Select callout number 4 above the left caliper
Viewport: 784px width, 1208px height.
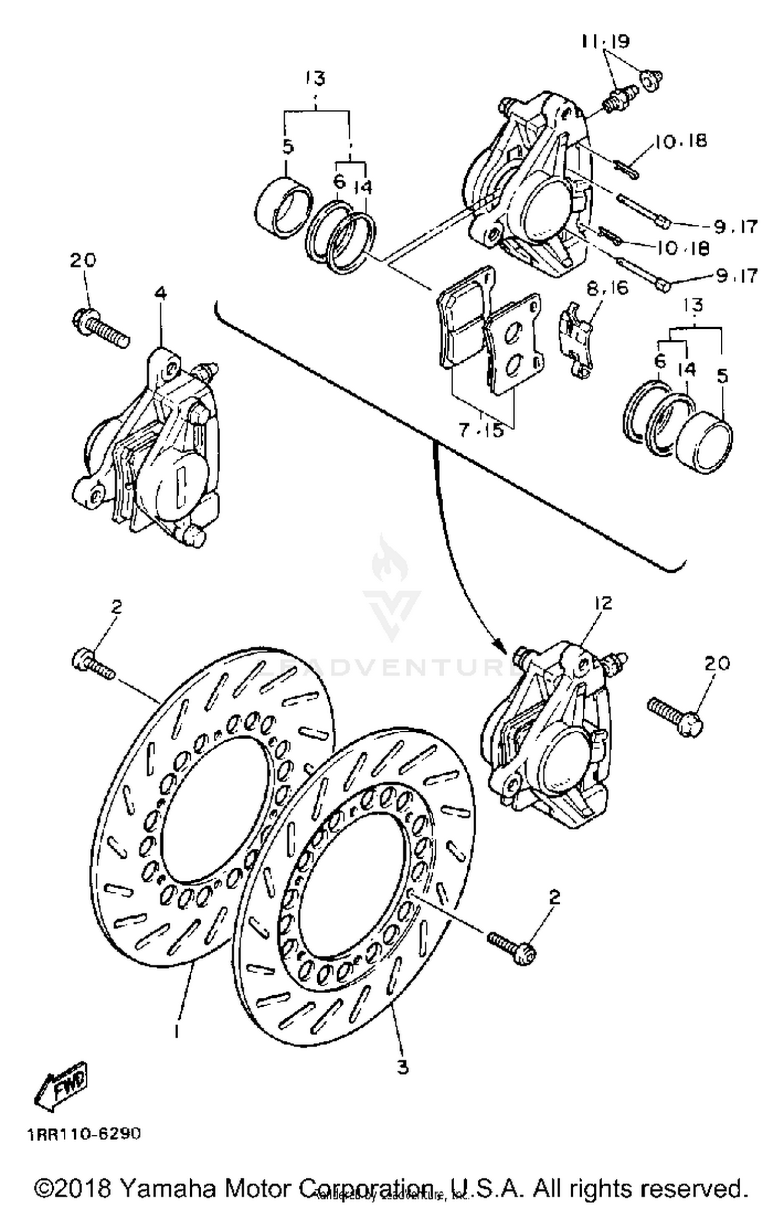pos(161,294)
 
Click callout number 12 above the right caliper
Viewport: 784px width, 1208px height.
pos(603,603)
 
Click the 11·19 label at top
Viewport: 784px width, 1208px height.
pos(606,41)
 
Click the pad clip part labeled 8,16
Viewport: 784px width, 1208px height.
pos(577,340)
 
